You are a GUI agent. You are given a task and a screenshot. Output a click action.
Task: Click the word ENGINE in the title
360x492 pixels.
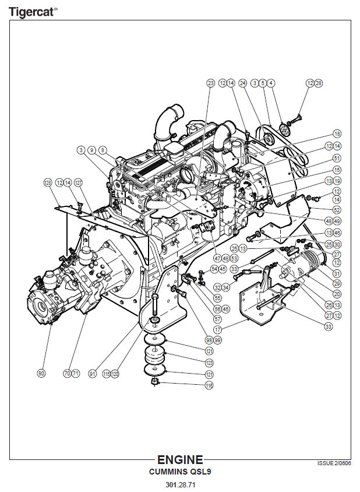[x=180, y=460]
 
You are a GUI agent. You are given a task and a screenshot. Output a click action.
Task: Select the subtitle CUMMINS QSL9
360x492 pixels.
[x=180, y=472]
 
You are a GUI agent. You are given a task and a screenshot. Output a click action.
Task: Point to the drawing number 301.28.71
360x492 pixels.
[x=180, y=485]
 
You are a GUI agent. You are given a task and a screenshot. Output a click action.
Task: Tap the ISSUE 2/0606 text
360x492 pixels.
[x=334, y=463]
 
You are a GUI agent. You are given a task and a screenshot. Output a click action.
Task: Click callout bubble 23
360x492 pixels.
[x=211, y=83]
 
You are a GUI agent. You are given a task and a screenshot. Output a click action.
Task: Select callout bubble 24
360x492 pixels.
[x=243, y=83]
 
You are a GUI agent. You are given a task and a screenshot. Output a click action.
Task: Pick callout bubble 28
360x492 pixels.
[x=318, y=83]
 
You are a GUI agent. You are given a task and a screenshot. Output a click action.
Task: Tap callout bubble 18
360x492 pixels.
[x=337, y=133]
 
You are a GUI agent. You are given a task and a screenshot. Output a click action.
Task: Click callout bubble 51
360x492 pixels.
[x=337, y=158]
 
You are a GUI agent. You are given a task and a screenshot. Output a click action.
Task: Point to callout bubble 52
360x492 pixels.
[x=337, y=209]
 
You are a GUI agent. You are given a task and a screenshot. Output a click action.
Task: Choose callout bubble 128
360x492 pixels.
[x=48, y=182]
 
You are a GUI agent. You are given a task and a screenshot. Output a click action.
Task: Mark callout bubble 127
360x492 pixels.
[x=79, y=182]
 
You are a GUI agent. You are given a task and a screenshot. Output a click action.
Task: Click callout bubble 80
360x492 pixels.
[x=41, y=373]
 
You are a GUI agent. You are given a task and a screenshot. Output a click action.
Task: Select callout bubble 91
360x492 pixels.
[x=92, y=373]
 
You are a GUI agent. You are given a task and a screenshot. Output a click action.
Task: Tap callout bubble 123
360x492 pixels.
[x=209, y=363]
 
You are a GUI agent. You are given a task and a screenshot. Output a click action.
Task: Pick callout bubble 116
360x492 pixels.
[x=209, y=386]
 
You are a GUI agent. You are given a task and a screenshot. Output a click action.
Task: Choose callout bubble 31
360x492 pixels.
[x=337, y=273]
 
